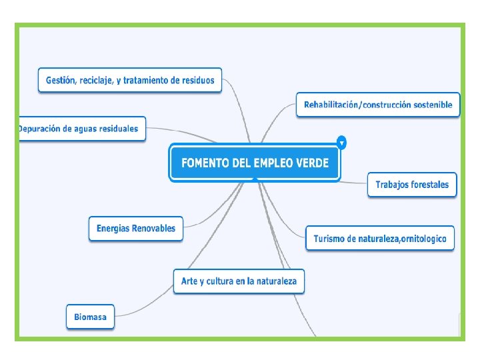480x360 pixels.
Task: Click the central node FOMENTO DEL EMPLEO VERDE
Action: pos(254,163)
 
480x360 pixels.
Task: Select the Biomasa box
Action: pos(90,317)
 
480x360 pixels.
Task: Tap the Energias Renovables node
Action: pos(136,228)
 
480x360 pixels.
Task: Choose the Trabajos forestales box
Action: pos(412,185)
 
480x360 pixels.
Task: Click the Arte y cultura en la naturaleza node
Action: pos(239,281)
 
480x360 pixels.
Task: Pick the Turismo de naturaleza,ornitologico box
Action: pos(379,238)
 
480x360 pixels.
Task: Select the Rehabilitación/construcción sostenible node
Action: pos(378,105)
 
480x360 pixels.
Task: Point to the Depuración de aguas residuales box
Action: pos(81,128)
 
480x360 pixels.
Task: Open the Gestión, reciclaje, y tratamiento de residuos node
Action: pos(130,80)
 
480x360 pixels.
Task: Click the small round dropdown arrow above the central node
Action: pos(342,143)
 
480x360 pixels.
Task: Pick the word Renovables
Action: pos(153,228)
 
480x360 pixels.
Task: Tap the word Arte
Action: pos(190,281)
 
